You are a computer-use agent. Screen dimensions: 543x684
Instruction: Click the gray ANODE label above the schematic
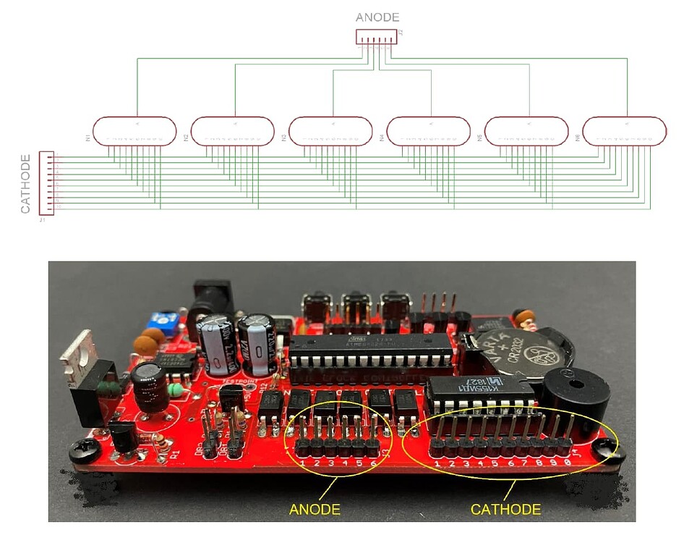tap(377, 17)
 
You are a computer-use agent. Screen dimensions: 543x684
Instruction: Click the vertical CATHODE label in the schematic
tap(25, 184)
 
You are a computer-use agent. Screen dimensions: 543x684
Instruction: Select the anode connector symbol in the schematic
tap(376, 36)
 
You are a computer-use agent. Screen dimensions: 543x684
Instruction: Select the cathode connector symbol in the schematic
tap(46, 182)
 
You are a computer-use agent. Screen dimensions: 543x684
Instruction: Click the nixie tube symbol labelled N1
tap(135, 131)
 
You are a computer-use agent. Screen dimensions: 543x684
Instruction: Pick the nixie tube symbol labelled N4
tap(429, 131)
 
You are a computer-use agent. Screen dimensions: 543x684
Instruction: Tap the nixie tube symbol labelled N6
tap(625, 131)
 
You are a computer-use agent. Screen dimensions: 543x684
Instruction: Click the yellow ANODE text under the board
tap(315, 510)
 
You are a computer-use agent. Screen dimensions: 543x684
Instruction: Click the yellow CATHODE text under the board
tap(505, 510)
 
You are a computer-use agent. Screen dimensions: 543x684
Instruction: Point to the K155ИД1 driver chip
tap(480, 395)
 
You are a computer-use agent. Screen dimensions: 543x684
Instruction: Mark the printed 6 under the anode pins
tap(373, 463)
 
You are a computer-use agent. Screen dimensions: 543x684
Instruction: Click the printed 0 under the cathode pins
tap(568, 462)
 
